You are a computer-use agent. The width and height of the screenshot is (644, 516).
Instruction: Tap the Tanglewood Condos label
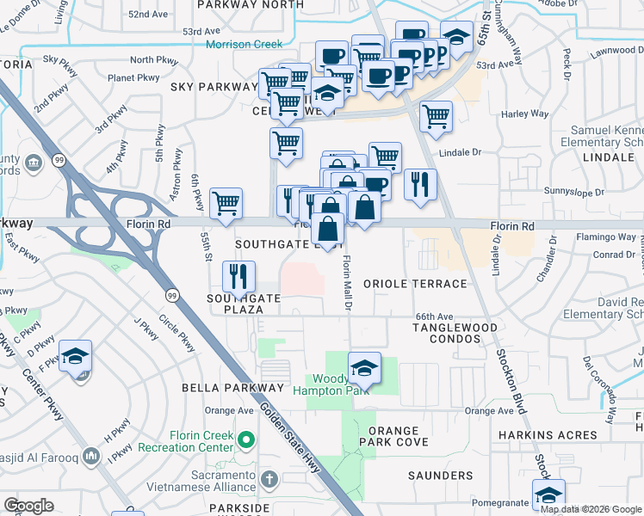455,334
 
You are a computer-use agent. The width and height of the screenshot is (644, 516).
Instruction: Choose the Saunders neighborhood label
440,476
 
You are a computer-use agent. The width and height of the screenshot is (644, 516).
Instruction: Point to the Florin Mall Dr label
348,279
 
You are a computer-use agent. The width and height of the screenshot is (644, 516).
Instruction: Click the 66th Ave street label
433,316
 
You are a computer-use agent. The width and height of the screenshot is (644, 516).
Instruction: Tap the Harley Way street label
524,114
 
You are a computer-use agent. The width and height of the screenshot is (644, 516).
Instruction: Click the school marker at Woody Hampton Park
364,367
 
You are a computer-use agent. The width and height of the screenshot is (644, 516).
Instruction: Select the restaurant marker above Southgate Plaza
238,277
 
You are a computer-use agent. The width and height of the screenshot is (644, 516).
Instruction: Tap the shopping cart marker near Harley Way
437,116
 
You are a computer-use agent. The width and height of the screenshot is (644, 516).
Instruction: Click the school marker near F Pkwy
76,356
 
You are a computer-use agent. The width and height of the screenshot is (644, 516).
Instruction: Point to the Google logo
29,505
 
